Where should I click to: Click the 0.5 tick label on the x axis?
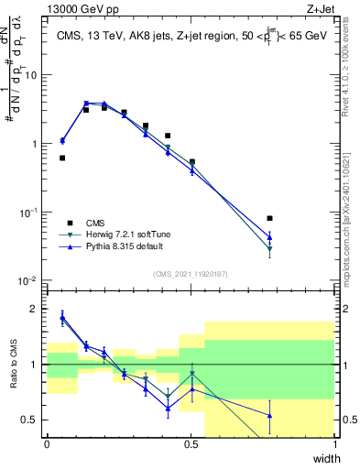click(190, 444)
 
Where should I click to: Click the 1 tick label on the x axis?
click(334, 444)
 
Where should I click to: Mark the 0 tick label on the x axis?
click(47, 444)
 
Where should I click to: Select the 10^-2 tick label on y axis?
click(29, 281)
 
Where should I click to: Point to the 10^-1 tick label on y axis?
click(29, 213)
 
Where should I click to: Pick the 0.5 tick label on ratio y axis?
click(32, 420)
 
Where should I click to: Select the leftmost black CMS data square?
click(62, 158)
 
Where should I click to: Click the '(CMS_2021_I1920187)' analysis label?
click(191, 274)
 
